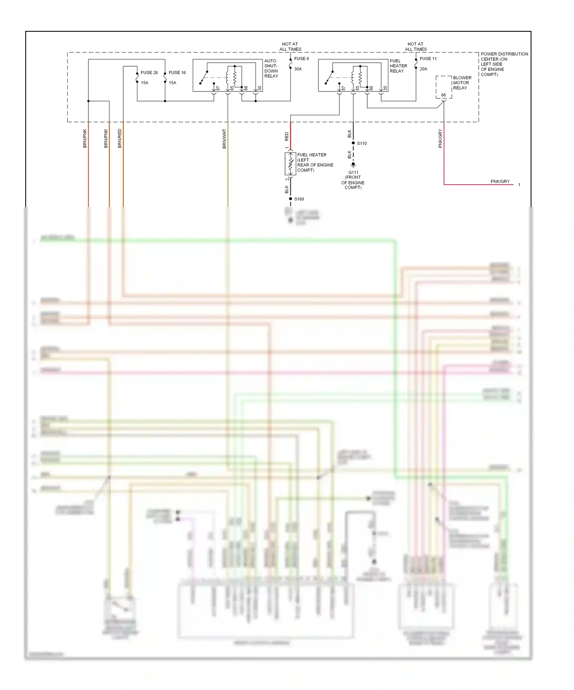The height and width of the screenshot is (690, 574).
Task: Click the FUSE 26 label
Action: [149, 72]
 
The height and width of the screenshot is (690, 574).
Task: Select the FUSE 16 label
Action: [177, 72]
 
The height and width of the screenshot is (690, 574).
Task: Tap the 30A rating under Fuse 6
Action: [298, 69]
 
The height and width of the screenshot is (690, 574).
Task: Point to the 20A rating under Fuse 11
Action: [423, 69]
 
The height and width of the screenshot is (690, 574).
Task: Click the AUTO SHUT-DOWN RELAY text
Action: [271, 68]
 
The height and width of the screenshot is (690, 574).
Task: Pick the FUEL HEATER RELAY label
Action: [398, 66]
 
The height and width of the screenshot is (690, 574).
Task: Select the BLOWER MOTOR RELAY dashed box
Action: [444, 87]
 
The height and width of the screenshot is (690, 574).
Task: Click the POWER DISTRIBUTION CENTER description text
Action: [504, 64]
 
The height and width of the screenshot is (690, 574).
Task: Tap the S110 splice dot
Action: [353, 143]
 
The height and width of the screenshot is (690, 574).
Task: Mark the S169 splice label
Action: [299, 199]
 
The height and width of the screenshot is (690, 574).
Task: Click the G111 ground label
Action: [353, 173]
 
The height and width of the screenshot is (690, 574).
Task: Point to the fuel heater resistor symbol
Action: [290, 164]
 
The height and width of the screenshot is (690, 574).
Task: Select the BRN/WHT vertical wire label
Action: [224, 139]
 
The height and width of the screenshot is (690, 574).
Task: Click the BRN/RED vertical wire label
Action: [120, 138]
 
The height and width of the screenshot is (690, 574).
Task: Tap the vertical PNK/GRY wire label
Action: [440, 138]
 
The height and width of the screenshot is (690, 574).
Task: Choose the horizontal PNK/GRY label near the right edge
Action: [500, 181]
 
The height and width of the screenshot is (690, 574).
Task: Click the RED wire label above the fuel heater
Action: [287, 136]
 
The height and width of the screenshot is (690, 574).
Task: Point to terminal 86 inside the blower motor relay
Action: [443, 95]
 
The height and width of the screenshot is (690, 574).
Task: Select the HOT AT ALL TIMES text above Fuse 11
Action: [416, 47]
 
